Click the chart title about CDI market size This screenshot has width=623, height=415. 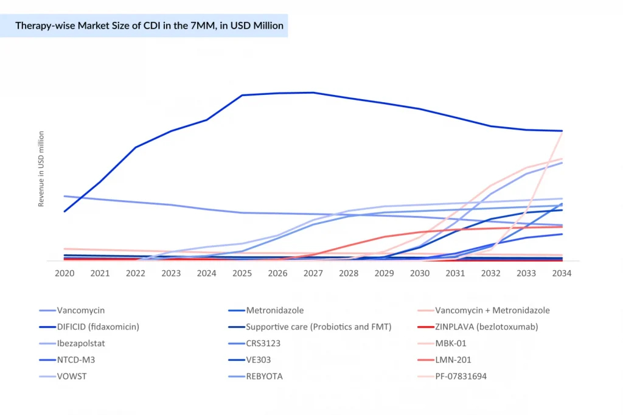point(149,26)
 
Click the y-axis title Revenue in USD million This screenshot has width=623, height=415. point(41,169)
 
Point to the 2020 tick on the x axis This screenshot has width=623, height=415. point(64,273)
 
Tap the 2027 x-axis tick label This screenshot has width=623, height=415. point(313,273)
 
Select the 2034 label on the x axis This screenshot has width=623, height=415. point(562,273)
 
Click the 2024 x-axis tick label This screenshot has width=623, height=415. point(206,273)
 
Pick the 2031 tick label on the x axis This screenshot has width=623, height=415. point(455,273)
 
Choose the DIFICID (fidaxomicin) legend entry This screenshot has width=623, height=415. point(98,327)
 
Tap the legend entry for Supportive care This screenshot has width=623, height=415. point(318,327)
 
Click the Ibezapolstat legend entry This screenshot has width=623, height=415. point(81,343)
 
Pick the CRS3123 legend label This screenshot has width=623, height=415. point(263,343)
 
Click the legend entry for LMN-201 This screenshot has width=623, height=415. point(453,360)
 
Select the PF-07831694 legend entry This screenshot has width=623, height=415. point(461,376)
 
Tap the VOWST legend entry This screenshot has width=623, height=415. point(72,376)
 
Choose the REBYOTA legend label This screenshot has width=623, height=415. point(264,376)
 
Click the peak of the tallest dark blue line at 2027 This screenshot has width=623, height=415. point(313,92)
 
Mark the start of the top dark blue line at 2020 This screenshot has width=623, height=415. point(64,211)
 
